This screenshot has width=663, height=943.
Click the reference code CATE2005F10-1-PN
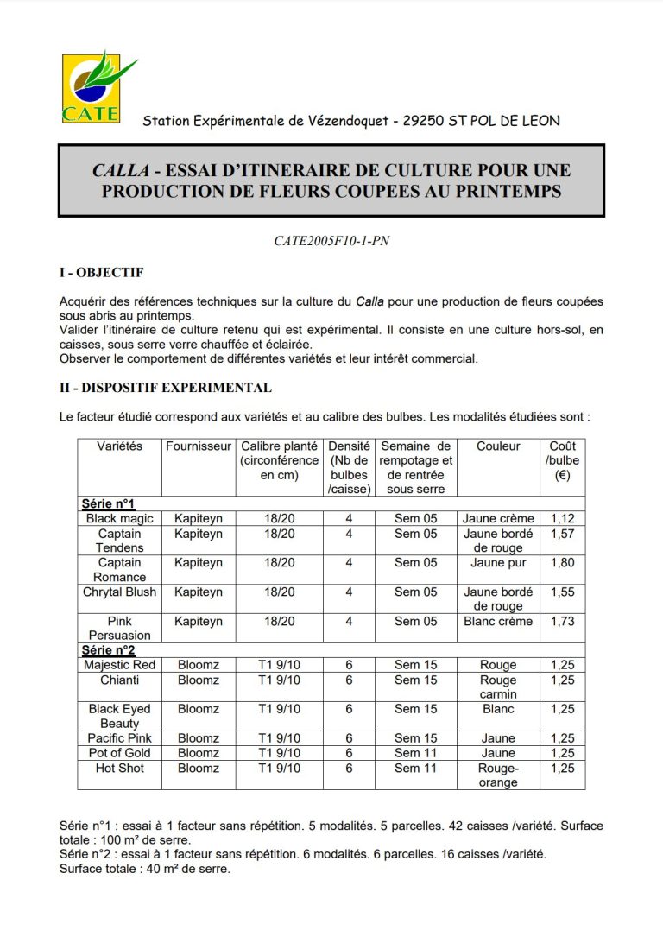(x=331, y=242)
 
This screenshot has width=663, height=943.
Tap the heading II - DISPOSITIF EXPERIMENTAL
(x=165, y=388)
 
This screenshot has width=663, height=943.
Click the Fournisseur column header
(x=199, y=446)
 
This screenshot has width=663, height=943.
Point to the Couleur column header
(x=498, y=446)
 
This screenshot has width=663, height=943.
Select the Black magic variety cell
(x=120, y=519)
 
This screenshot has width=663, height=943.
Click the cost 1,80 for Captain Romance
(x=563, y=563)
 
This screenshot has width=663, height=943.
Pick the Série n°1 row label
(x=108, y=504)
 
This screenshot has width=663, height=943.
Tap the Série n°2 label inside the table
(x=108, y=650)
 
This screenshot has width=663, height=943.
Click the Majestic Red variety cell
(x=120, y=665)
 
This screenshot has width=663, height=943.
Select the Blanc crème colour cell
(x=498, y=621)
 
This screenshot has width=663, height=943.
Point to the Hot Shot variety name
(x=120, y=768)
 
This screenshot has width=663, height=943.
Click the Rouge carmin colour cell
(x=498, y=687)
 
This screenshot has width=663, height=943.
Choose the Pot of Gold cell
(x=120, y=753)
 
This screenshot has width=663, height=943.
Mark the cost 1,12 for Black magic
(x=563, y=519)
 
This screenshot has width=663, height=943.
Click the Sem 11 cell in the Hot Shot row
(x=416, y=768)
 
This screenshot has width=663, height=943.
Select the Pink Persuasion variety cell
(x=120, y=628)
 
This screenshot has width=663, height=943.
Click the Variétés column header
(x=120, y=446)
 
